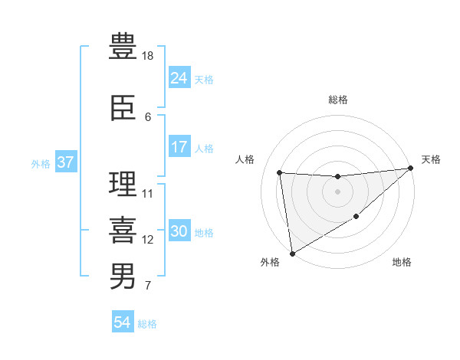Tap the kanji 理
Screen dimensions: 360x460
(x=123, y=185)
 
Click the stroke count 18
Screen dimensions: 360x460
(x=149, y=56)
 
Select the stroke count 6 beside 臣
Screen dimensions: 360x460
(x=148, y=117)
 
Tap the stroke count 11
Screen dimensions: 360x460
(x=149, y=194)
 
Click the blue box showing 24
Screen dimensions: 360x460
(x=179, y=78)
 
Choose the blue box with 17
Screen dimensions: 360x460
(x=179, y=147)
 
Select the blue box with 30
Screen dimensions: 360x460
(x=179, y=231)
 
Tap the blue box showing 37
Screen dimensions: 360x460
(x=65, y=162)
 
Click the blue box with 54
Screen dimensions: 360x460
(x=122, y=323)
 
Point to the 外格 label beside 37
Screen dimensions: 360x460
(x=41, y=163)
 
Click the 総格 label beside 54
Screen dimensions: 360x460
(x=147, y=324)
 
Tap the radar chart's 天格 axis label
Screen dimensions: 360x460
(x=431, y=159)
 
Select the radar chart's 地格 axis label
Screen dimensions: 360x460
(x=402, y=263)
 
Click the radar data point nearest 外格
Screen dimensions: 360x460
(x=291, y=253)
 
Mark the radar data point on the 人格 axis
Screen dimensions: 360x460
(x=280, y=172)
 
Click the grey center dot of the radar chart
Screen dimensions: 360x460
(x=337, y=191)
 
